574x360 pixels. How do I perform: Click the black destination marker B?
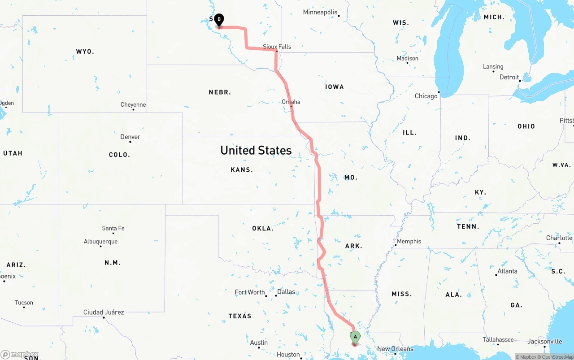[219, 20]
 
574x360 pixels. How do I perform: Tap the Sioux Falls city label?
[277, 47]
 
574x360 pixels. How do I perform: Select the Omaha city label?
[291, 102]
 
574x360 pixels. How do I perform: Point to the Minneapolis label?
[320, 12]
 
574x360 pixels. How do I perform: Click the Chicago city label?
[426, 96]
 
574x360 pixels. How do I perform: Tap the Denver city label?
[130, 137]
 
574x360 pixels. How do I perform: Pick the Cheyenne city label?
[133, 104]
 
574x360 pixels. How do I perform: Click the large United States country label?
[256, 150]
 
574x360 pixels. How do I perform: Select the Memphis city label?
[409, 241]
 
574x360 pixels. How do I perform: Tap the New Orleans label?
[395, 349]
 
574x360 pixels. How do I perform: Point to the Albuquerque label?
[100, 241]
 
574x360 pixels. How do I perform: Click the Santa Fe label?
[113, 228]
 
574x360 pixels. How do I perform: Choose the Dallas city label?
[286, 292]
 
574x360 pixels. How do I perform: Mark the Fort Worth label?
[250, 292]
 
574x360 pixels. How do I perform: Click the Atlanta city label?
[507, 271]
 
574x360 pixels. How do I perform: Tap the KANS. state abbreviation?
[242, 170]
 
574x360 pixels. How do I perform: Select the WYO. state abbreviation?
[85, 52]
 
